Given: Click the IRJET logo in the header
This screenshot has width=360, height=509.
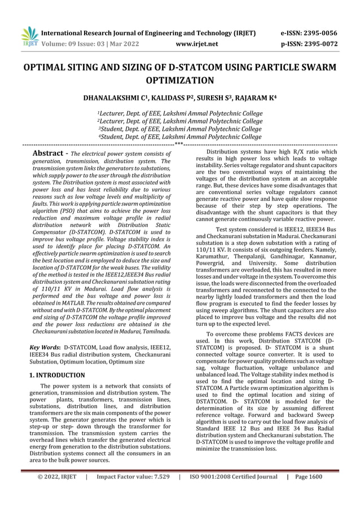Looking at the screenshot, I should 29,37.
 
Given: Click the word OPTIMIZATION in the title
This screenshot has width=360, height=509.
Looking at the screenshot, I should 180,80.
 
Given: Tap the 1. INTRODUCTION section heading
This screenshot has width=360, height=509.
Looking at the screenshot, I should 57,375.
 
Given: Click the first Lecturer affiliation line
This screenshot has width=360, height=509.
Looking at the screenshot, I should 180,113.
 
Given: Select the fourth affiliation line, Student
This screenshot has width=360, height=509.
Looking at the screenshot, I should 180,137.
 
